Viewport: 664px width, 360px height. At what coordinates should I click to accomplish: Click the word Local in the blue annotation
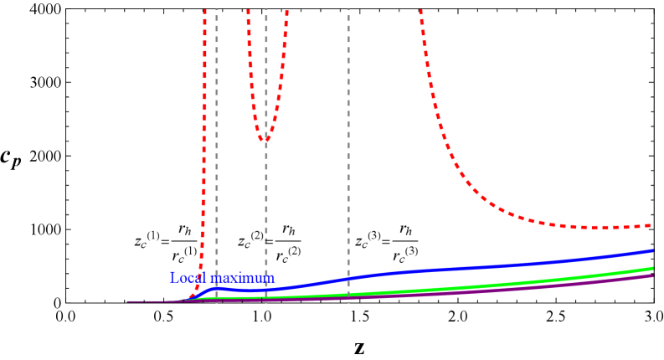click(x=188, y=277)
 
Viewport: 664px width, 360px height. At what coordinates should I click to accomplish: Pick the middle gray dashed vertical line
click(x=266, y=209)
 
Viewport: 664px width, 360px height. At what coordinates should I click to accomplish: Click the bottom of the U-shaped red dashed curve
click(x=265, y=139)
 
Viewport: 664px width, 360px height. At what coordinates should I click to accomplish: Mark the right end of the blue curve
click(x=652, y=250)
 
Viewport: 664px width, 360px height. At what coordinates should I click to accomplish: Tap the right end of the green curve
click(x=652, y=269)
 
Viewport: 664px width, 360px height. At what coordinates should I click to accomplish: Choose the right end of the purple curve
click(x=652, y=275)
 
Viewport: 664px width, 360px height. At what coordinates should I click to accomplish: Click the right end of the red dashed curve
click(x=651, y=225)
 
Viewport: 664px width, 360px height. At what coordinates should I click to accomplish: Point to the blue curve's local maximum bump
click(x=215, y=288)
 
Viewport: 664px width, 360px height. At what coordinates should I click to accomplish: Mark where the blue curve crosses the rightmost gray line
click(x=348, y=278)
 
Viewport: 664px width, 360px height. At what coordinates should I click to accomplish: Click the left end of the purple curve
click(x=128, y=301)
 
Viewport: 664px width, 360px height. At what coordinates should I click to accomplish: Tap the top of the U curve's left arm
click(x=247, y=11)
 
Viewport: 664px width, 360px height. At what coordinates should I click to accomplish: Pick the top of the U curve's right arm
click(x=287, y=11)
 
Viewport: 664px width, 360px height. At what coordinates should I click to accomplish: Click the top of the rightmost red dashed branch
click(x=420, y=11)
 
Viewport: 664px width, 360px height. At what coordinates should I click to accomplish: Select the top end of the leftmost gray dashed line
click(x=217, y=11)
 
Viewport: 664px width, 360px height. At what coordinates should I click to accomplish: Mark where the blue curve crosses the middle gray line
click(x=266, y=290)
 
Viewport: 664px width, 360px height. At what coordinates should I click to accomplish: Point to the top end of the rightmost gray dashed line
click(x=348, y=11)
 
